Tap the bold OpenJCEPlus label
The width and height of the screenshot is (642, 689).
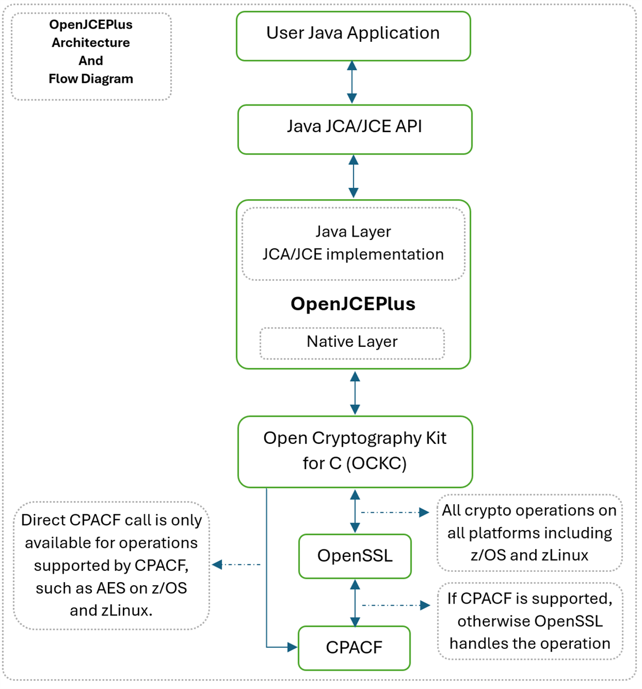tap(353, 304)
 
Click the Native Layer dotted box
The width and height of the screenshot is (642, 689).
tap(351, 342)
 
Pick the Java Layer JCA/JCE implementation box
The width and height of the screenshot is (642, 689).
tap(353, 243)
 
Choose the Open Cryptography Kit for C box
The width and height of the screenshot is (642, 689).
tap(354, 451)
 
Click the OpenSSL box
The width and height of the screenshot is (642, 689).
tap(354, 556)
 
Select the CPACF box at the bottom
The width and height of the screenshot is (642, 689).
tap(354, 648)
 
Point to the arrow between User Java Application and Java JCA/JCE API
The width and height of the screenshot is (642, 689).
tap(352, 82)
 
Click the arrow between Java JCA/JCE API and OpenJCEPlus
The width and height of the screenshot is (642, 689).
tap(353, 176)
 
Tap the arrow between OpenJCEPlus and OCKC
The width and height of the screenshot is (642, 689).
tap(355, 393)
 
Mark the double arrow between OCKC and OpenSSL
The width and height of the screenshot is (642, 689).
tap(355, 511)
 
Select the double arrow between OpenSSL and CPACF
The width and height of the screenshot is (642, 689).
tap(355, 602)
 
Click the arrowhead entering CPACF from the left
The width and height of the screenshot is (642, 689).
tap(291, 647)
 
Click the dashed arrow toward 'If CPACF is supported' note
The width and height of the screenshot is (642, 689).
tap(396, 605)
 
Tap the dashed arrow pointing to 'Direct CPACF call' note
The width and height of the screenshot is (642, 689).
tap(236, 564)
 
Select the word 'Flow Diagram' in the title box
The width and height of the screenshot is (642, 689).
tap(91, 79)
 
